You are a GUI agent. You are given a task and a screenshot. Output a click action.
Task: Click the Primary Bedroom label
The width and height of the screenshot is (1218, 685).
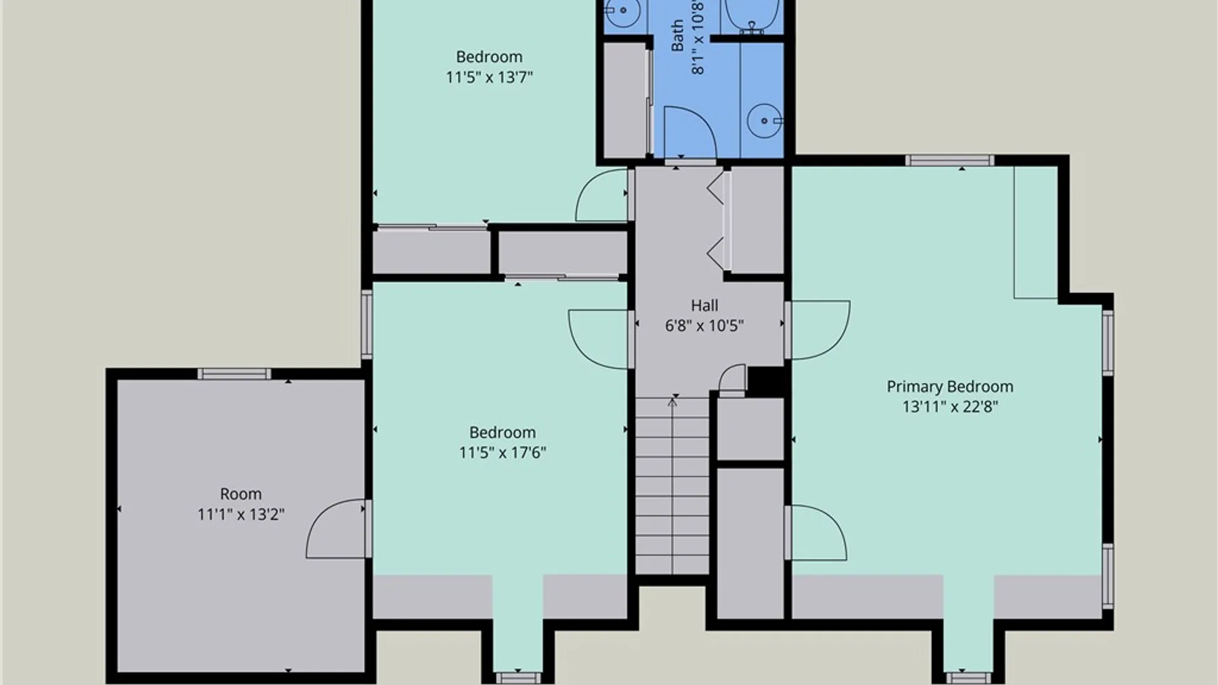pyautogui.click(x=950, y=387)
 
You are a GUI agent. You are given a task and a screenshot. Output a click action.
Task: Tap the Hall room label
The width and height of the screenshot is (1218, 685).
pyautogui.click(x=704, y=306)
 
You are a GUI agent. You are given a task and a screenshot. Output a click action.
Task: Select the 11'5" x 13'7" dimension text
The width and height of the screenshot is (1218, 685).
pyautogui.click(x=489, y=77)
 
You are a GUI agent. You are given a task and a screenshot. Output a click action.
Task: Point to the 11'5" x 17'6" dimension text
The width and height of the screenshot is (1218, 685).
pyautogui.click(x=502, y=453)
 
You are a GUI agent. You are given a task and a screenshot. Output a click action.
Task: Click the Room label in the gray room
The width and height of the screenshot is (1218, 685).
pyautogui.click(x=240, y=494)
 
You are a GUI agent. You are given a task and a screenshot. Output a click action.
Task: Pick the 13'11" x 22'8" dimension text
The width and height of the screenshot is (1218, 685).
pyautogui.click(x=950, y=407)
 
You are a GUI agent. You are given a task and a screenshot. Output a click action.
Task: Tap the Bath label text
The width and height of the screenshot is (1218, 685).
pyautogui.click(x=678, y=35)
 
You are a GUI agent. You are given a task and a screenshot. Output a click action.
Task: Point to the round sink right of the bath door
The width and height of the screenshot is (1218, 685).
pyautogui.click(x=764, y=121)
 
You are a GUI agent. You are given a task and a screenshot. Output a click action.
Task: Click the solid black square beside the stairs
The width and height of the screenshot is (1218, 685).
pyautogui.click(x=766, y=381)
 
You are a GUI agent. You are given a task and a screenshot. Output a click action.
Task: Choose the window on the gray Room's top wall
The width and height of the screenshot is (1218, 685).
pyautogui.click(x=234, y=374)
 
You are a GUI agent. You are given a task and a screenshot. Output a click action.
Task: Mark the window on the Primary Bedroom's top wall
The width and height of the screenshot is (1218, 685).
pyautogui.click(x=949, y=160)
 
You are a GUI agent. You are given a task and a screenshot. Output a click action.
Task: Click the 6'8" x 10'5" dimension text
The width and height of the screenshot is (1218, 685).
pyautogui.click(x=704, y=326)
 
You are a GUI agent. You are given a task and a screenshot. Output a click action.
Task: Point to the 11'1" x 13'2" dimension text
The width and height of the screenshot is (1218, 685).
pyautogui.click(x=240, y=514)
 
